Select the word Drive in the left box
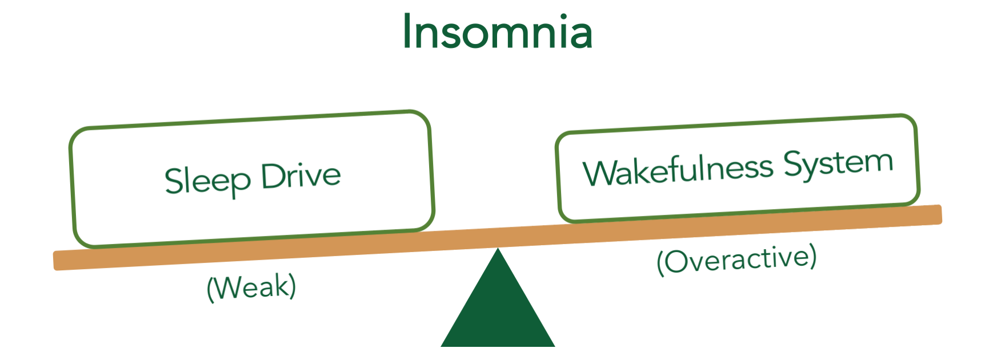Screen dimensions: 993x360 (301, 175)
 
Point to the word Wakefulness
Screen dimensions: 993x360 (678, 170)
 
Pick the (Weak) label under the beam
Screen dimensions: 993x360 (251, 287)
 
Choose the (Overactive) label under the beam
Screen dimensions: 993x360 (736, 260)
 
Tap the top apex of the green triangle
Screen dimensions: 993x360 (498, 248)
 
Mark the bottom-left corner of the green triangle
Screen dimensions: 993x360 (442, 346)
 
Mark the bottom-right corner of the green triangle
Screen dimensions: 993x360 (554, 346)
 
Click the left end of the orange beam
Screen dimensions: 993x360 (54, 261)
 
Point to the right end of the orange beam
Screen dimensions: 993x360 (940, 214)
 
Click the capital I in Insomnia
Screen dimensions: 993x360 (407, 31)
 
